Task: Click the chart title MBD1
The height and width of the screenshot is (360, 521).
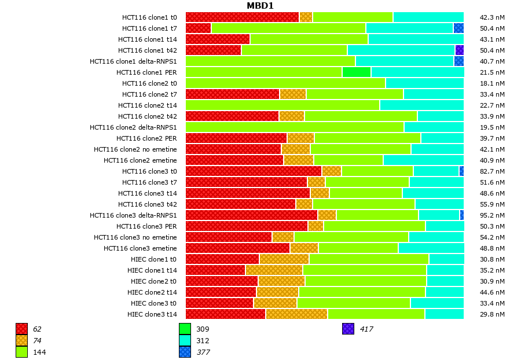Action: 260,6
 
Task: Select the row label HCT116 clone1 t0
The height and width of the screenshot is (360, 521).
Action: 149,17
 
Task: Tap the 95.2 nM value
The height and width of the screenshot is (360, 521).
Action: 492,215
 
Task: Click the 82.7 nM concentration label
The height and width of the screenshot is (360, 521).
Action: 492,171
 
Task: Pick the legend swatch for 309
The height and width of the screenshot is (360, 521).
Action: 185,329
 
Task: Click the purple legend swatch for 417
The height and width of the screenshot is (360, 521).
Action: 348,329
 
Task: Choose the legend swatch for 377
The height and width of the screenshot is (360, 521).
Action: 185,351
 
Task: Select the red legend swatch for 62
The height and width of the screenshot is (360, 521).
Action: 21,329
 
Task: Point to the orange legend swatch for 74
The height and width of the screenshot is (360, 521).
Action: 21,340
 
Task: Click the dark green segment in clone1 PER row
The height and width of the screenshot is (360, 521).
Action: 356,72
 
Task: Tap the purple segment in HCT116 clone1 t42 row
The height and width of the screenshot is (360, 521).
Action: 459,50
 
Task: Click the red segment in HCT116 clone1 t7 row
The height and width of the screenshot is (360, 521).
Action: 198,28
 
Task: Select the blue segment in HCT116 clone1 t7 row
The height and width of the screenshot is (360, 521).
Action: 458,28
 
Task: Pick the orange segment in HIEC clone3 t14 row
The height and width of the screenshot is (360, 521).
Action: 296,314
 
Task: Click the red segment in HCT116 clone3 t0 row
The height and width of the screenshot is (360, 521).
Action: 254,171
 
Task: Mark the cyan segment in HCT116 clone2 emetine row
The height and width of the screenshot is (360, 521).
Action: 423,160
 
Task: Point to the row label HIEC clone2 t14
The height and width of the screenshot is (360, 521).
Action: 152,292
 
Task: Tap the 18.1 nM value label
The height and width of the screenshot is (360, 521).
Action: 492,83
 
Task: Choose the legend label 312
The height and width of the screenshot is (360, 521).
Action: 203,340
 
